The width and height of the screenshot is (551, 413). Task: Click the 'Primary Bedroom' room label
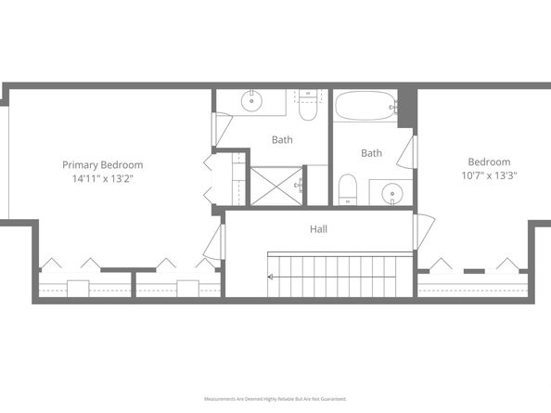click(x=102, y=165)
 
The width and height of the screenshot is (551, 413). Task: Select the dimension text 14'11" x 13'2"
click(x=102, y=179)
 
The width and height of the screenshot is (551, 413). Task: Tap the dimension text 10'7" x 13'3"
click(x=489, y=174)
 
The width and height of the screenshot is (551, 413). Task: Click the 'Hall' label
click(x=318, y=228)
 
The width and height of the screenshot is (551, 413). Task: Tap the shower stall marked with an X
click(x=275, y=186)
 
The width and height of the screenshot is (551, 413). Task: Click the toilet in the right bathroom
click(x=347, y=188)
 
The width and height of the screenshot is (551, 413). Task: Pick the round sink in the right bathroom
click(x=393, y=195)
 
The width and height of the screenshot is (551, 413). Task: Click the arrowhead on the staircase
click(x=271, y=277)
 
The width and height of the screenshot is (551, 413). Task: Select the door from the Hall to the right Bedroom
click(x=422, y=231)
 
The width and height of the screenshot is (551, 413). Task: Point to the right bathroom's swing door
click(x=411, y=151)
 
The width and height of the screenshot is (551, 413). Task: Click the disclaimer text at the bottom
click(x=275, y=399)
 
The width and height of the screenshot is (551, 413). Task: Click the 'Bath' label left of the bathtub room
click(x=283, y=140)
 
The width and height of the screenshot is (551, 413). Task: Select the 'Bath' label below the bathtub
click(x=371, y=153)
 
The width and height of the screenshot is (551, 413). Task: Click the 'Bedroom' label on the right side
click(x=489, y=161)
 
